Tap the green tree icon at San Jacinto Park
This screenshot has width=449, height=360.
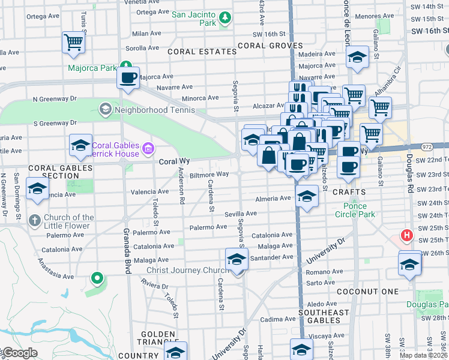[x=225, y=17]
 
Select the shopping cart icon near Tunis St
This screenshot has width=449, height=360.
[x=73, y=43]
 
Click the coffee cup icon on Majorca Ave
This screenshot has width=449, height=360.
[x=128, y=77]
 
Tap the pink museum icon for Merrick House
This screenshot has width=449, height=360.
[x=148, y=148]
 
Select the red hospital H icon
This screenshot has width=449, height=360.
[x=407, y=235]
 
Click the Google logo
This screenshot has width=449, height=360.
[x=19, y=353]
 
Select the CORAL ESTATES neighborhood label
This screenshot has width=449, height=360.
[x=202, y=52]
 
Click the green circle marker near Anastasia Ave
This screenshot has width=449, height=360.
[x=96, y=278]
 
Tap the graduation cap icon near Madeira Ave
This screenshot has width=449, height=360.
[x=358, y=58]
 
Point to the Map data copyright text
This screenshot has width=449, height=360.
[x=424, y=355]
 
